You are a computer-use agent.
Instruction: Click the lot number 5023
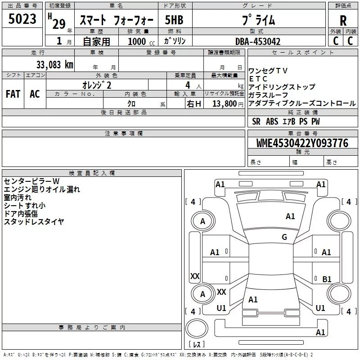pyautogui.click(x=22, y=19)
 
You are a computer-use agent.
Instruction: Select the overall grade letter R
pyautogui.click(x=343, y=21)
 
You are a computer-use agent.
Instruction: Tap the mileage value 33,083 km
pyautogui.click(x=55, y=65)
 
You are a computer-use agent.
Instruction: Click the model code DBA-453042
pyautogui.click(x=258, y=41)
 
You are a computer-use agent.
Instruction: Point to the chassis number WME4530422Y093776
pyautogui.click(x=302, y=143)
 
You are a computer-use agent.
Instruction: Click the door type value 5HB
pyautogui.click(x=174, y=20)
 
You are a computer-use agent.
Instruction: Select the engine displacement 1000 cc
pyautogui.click(x=141, y=41)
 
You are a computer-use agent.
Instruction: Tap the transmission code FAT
pyautogui.click(x=13, y=94)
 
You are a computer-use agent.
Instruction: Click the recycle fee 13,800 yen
pyautogui.click(x=228, y=104)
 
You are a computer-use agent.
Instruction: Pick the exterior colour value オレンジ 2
pyautogui.click(x=97, y=85)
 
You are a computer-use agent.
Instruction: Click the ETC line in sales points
pyautogui.click(x=258, y=79)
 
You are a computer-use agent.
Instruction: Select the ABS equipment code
pyautogui.click(x=272, y=121)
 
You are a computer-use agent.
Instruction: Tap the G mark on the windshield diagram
pyautogui.click(x=284, y=237)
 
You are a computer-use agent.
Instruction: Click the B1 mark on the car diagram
pyautogui.click(x=327, y=279)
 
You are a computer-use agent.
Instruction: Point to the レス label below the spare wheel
pyautogui.click(x=197, y=344)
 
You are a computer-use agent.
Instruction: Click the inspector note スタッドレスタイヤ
pyautogui.click(x=34, y=221)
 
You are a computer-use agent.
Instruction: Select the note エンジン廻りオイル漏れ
pyautogui.click(x=42, y=189)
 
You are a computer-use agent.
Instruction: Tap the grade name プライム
pyautogui.click(x=258, y=20)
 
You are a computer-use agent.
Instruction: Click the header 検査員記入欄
pyautogui.click(x=92, y=173)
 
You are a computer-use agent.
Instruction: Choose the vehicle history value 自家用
pyautogui.click(x=96, y=41)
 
